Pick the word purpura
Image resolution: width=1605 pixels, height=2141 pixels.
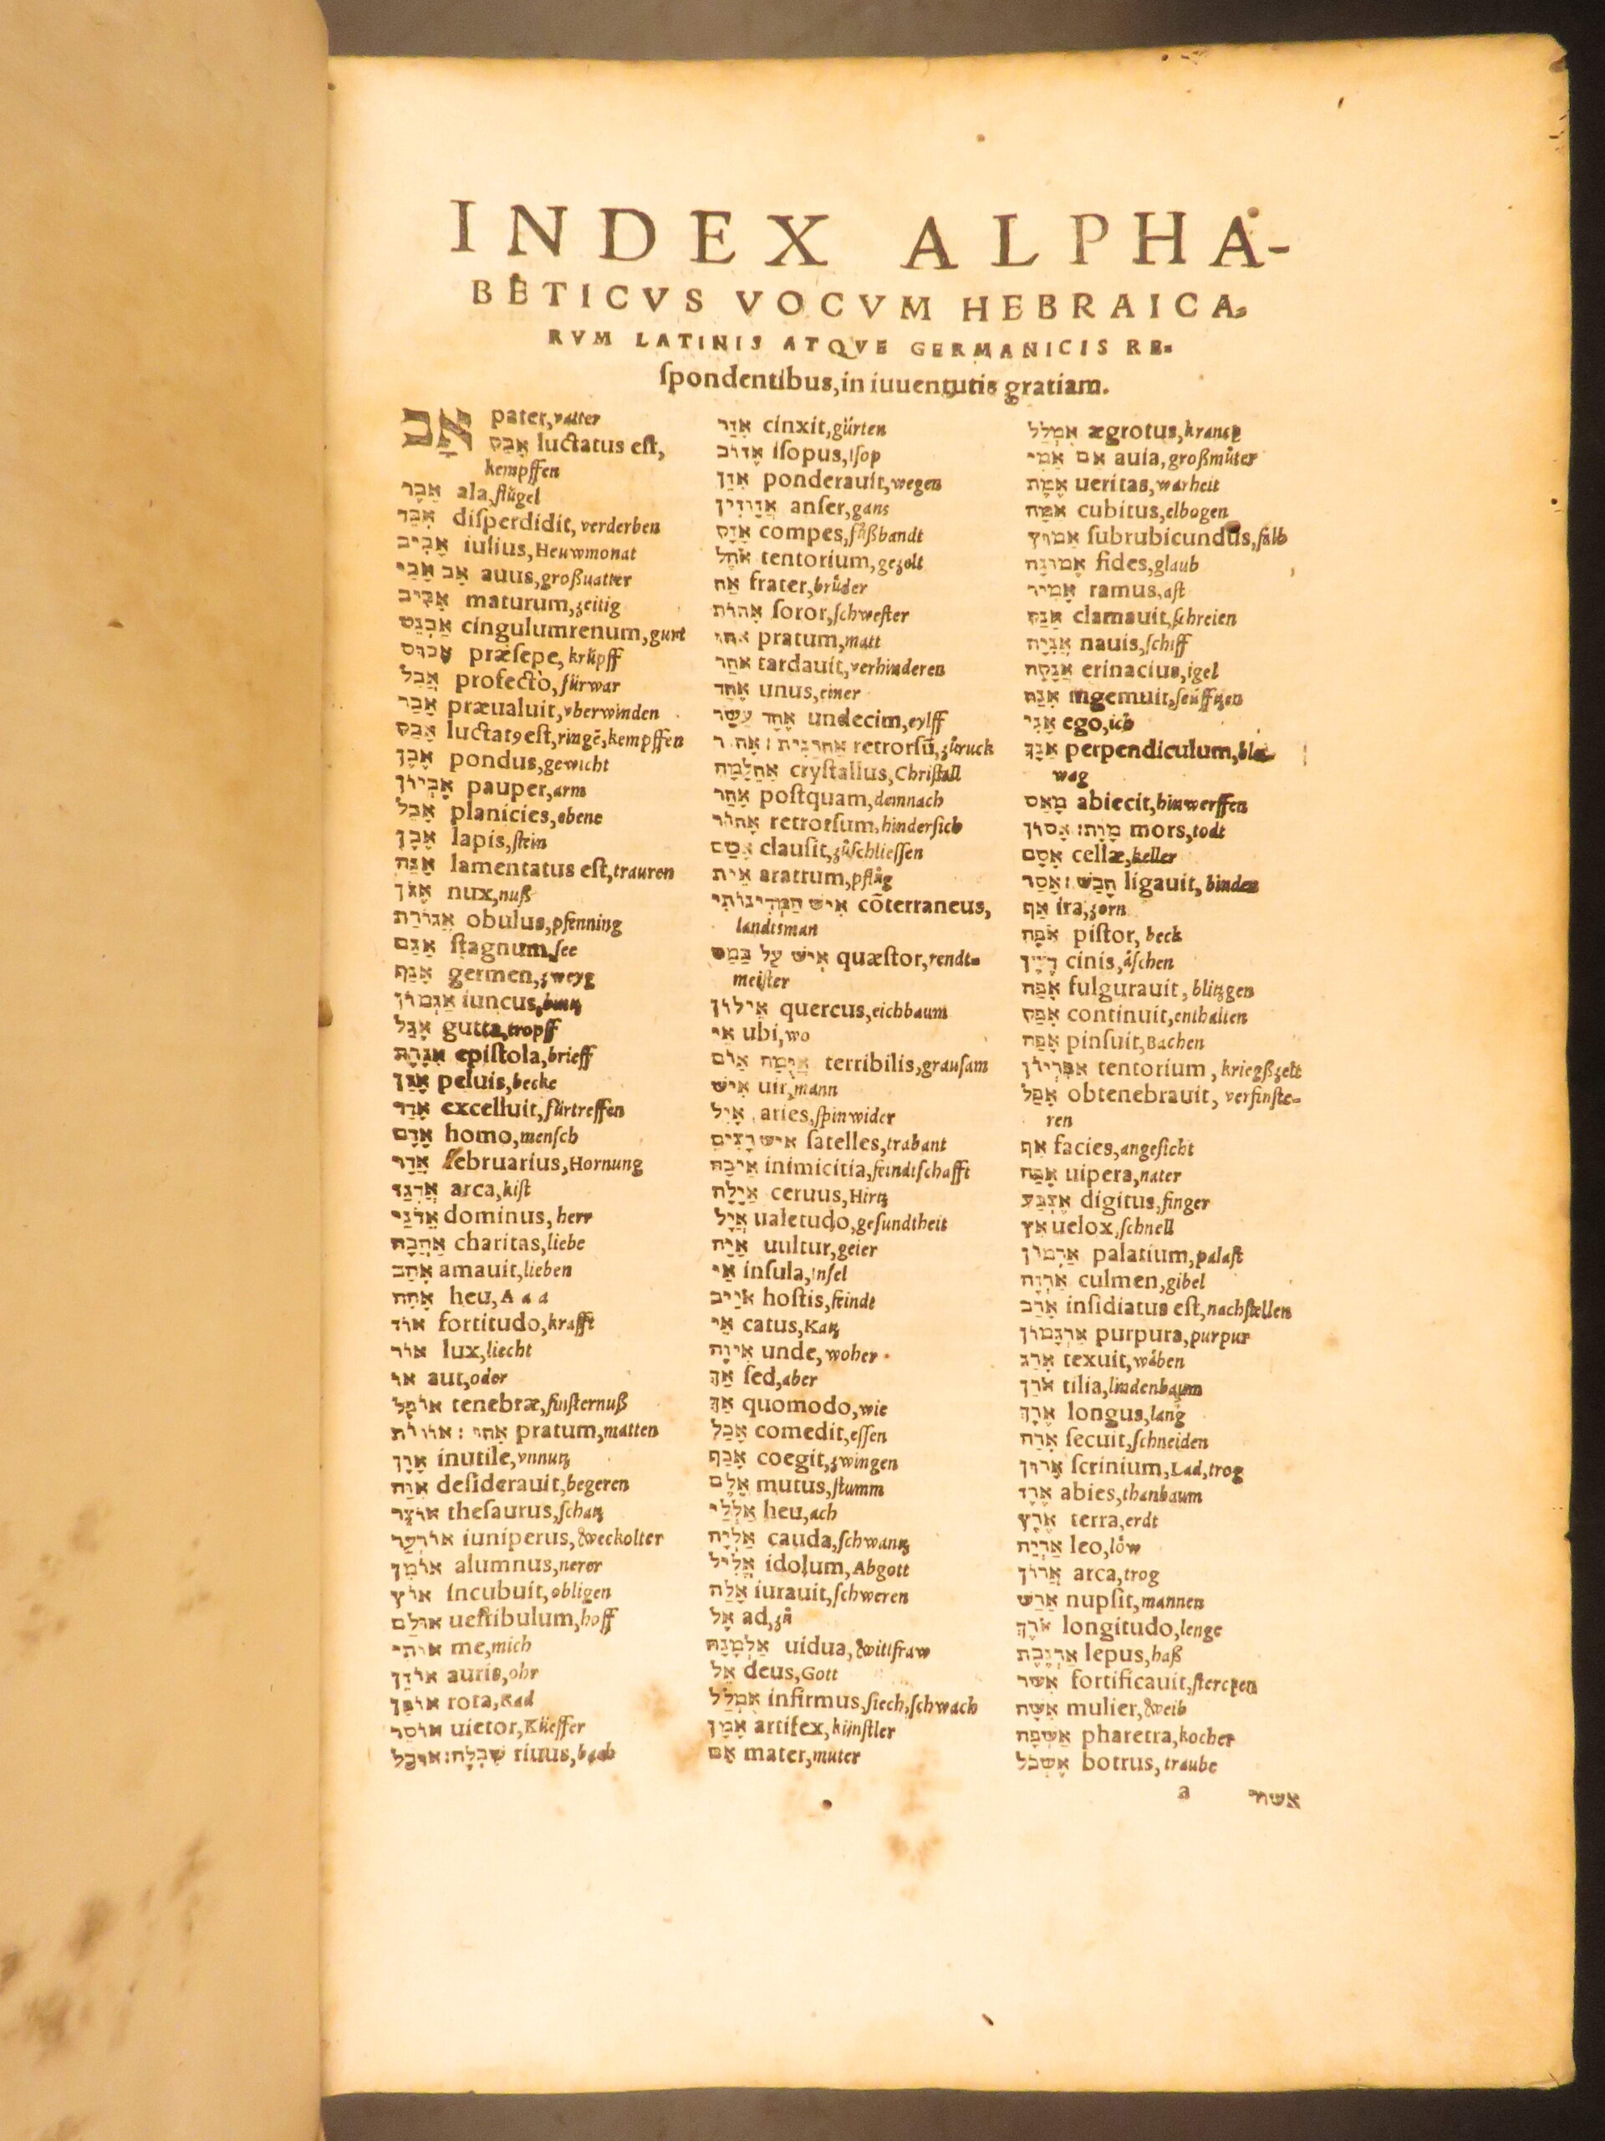tap(1143, 1334)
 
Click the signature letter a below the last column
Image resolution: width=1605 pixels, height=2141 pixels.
tap(1182, 1791)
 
